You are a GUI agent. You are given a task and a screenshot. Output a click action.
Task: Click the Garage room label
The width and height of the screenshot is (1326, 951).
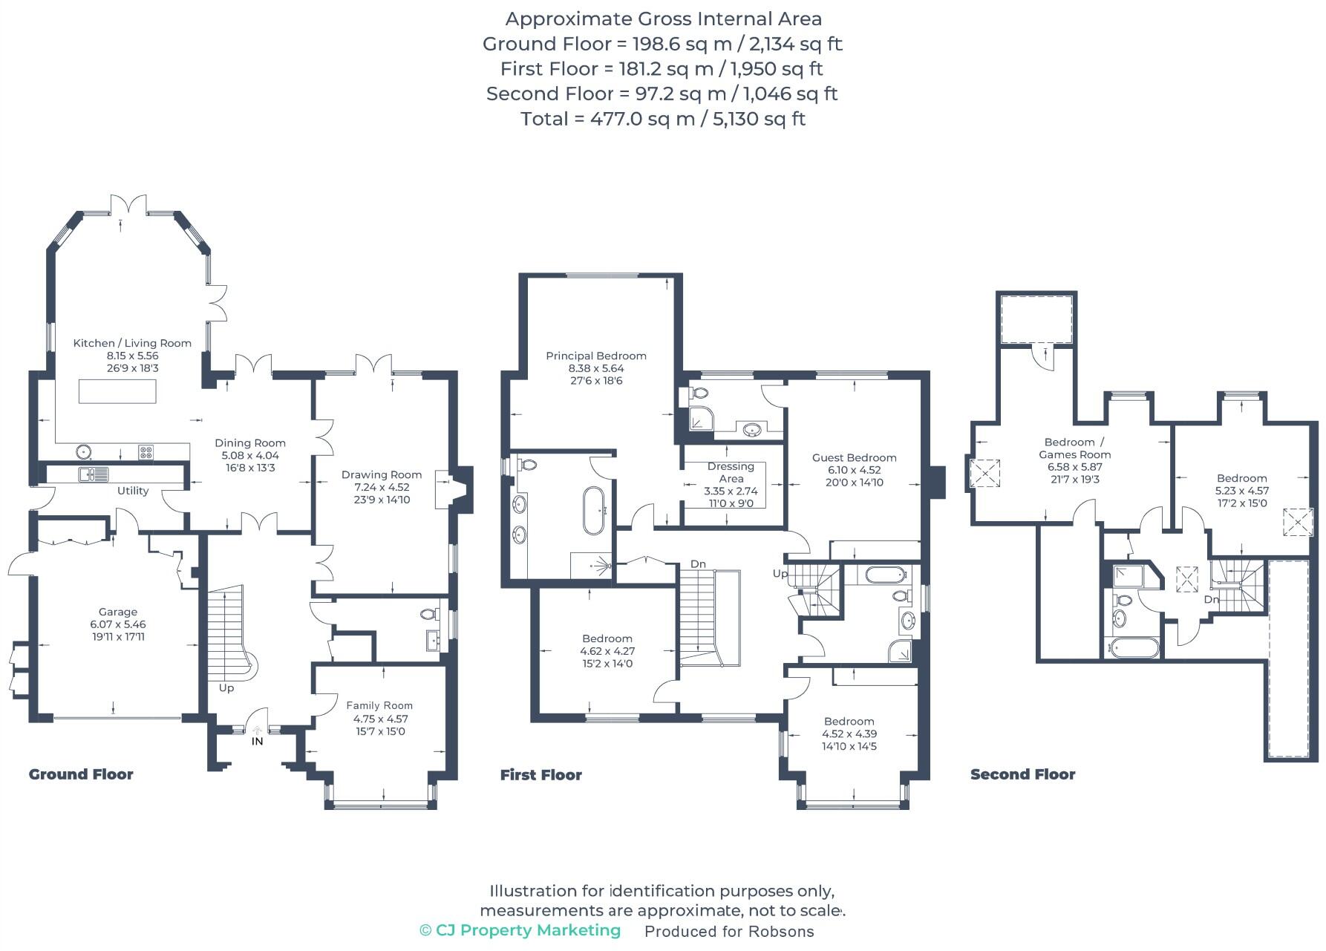[118, 612]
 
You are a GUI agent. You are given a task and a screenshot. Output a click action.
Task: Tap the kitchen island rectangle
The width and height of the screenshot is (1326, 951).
[117, 391]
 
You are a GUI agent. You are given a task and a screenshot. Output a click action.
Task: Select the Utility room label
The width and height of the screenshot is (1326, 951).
[133, 491]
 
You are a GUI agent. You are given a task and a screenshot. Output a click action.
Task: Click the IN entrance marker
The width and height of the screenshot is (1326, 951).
[257, 741]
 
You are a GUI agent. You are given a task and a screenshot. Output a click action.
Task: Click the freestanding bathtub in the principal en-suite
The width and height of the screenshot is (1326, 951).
[595, 511]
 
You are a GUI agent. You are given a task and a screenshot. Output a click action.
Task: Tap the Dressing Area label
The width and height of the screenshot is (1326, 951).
[731, 472]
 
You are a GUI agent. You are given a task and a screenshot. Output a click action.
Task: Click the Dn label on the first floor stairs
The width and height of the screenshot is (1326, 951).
[698, 564]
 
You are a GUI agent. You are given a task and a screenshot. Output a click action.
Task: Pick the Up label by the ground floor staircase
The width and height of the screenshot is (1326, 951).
[226, 688]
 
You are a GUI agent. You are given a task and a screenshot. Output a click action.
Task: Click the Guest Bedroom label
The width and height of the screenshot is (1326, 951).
[854, 457]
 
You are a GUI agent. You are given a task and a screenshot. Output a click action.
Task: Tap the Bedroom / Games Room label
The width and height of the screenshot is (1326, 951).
[1074, 448]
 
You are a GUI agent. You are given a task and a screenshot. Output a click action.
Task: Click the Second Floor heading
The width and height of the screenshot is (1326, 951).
[1022, 774]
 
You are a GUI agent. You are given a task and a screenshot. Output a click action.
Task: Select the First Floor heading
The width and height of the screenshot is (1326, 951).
[540, 775]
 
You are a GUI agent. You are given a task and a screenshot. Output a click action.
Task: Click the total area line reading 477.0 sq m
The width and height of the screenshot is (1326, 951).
[662, 119]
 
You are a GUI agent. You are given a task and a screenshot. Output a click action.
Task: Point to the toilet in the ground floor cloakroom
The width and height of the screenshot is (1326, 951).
[428, 615]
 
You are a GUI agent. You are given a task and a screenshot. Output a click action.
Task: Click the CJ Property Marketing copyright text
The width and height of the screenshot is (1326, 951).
[520, 930]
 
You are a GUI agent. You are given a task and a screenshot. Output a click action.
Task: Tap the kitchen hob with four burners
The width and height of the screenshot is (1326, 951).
[146, 451]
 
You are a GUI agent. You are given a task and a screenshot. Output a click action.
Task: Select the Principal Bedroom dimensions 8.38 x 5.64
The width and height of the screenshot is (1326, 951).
[595, 368]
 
